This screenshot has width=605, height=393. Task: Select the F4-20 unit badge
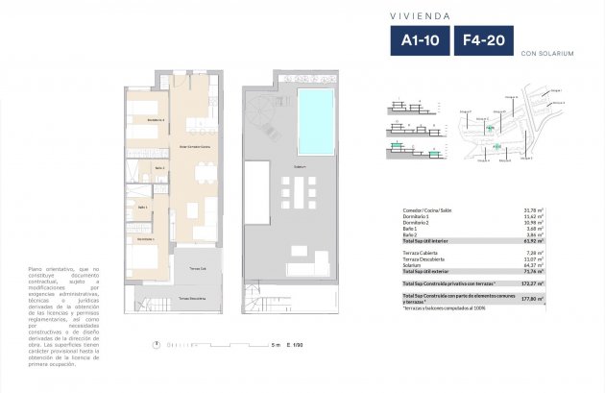(x=485, y=40)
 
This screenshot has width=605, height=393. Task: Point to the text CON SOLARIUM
(x=547, y=54)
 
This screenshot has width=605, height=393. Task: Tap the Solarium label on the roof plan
(x=301, y=166)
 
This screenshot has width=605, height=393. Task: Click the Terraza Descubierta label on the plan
(x=193, y=299)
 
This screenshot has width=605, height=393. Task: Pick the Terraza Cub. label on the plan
(x=197, y=268)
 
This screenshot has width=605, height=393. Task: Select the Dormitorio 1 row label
(x=419, y=217)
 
